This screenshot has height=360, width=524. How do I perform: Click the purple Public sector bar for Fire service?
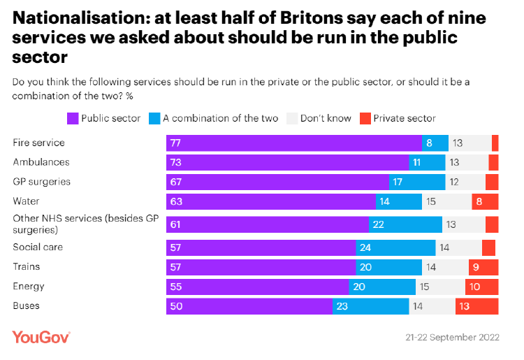[x=294, y=143]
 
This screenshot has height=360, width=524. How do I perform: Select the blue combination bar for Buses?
[x=370, y=306]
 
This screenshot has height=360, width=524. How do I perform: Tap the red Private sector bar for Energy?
[x=482, y=287]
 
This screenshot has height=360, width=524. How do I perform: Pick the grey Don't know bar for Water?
[x=447, y=201]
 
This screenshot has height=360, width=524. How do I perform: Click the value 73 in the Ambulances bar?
[x=176, y=162]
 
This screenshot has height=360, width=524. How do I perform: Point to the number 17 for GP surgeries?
[x=398, y=182]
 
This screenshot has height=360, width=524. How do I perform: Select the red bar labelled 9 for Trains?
[x=483, y=267]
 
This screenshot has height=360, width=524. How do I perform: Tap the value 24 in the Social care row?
[x=365, y=247]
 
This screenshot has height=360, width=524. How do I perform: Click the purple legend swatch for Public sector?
[x=73, y=118]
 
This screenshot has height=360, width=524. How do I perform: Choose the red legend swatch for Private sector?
[x=365, y=118]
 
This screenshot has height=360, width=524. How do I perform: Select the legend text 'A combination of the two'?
[x=221, y=118]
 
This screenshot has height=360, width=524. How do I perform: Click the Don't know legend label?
[x=326, y=118]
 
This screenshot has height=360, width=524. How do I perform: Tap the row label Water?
[x=26, y=201]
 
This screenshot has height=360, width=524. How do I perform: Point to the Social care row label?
[x=38, y=247]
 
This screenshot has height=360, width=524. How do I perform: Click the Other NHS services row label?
[x=85, y=224]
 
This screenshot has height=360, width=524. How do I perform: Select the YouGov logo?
[x=41, y=337]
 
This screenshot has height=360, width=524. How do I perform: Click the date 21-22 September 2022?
[x=453, y=337]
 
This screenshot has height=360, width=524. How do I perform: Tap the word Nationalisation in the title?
[x=81, y=18]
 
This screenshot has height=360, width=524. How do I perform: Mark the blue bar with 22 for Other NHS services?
[x=405, y=224]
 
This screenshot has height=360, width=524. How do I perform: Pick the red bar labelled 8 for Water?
[x=486, y=201]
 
